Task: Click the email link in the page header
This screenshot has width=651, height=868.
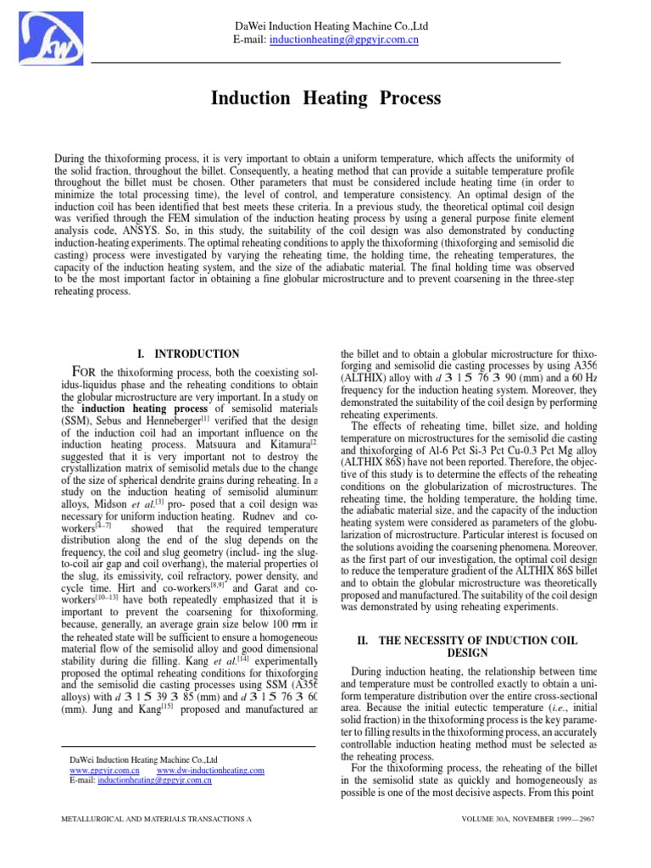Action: pyautogui.click(x=343, y=40)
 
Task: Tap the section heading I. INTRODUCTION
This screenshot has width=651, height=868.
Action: pyautogui.click(x=188, y=353)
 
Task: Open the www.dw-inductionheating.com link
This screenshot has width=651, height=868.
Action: pyautogui.click(x=210, y=771)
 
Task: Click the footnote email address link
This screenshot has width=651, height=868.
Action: pyautogui.click(x=154, y=781)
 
